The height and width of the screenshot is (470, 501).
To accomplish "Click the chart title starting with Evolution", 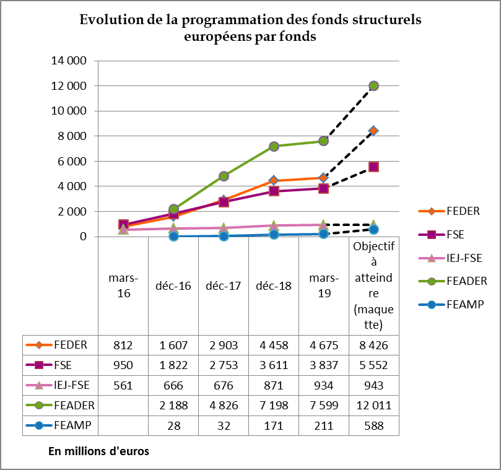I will (x=250, y=28).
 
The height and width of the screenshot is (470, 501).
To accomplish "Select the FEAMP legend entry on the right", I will (x=464, y=304).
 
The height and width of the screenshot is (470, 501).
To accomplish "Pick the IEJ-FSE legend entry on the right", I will (x=464, y=258).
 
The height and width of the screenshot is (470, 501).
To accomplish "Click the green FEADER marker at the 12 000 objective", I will (x=373, y=86).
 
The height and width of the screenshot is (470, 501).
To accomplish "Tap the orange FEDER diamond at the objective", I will (x=373, y=131).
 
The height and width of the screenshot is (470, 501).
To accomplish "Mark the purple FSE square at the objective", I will (x=373, y=167).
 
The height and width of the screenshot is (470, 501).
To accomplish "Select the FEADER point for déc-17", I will (x=224, y=176).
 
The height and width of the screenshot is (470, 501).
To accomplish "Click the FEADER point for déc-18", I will (x=274, y=146).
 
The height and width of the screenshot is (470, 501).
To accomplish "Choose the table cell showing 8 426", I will (x=373, y=345).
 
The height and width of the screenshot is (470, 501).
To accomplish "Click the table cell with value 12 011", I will (x=373, y=406).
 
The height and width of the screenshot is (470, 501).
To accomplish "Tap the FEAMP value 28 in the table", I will (x=173, y=426).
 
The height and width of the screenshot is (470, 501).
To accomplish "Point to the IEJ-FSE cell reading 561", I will (x=123, y=385).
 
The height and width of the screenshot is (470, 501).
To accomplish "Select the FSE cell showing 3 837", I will (x=323, y=365).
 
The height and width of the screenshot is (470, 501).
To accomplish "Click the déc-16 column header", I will (x=173, y=287).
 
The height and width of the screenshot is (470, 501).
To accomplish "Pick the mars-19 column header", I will (x=323, y=287).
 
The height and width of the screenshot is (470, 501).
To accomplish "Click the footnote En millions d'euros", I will (x=98, y=451).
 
